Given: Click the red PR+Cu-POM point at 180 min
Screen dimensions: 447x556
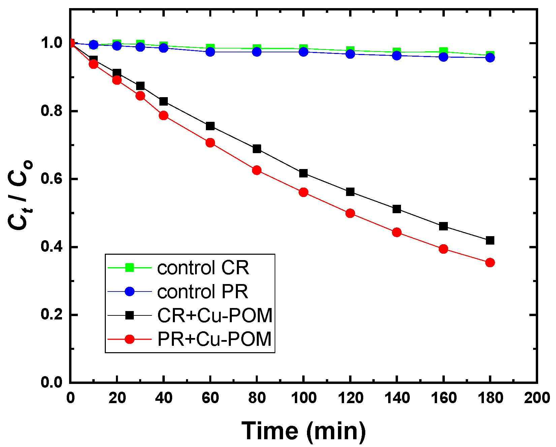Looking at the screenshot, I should [x=490, y=262].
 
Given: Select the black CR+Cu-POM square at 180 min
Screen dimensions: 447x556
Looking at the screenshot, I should [x=490, y=241].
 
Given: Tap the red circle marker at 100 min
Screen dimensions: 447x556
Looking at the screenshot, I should [x=303, y=192].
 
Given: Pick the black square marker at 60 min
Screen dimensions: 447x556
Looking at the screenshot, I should [x=210, y=126].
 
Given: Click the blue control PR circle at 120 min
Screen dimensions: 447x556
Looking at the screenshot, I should [x=350, y=54].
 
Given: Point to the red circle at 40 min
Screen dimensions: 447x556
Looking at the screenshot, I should [x=163, y=116].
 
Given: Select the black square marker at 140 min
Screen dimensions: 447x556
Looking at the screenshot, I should [x=397, y=209].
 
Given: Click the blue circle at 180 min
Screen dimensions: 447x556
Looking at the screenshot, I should [x=490, y=58].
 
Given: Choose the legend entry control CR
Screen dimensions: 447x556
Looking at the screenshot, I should [x=203, y=268].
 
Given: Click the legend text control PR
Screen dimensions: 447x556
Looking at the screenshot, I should [x=203, y=291].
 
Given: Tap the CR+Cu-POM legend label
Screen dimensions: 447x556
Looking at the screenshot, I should [x=215, y=316].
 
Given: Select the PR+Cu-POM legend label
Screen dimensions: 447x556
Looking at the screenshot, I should [x=214, y=339].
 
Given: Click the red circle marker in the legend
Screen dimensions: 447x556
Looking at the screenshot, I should [x=129, y=339].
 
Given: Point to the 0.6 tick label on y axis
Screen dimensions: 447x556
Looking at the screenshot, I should [x=52, y=179].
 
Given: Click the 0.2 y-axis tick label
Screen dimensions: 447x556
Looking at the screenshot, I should [x=52, y=315].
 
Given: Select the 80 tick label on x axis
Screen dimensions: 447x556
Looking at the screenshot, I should [x=257, y=398].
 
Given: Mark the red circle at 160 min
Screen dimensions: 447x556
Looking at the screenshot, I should [x=443, y=249].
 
